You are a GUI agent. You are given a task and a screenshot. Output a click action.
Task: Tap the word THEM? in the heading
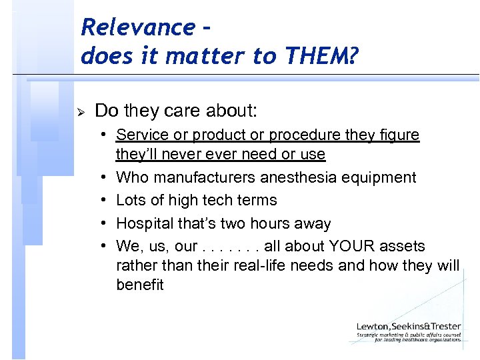pos(325,56)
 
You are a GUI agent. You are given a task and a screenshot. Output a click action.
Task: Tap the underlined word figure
pos(399,135)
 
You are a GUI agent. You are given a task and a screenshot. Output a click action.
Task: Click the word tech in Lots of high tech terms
pos(225,200)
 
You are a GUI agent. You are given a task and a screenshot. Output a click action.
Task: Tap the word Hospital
pos(142,223)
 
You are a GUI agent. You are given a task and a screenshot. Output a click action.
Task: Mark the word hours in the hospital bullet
pos(268,223)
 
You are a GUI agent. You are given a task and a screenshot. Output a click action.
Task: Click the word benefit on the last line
pos(140,285)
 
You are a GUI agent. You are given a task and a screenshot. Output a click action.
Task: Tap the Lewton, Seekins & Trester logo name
pos(409,326)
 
